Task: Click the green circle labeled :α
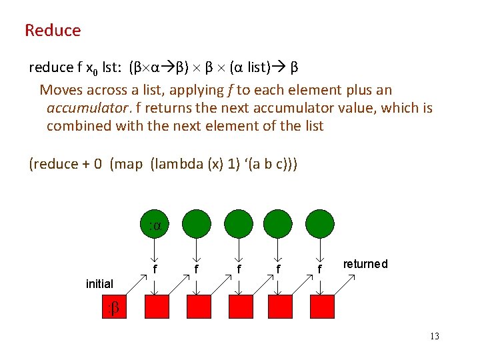pos(155,224)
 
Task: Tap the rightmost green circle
pos(320,224)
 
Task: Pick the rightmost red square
pos(321,307)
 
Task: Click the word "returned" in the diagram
pos(365,264)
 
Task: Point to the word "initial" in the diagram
pos(99,284)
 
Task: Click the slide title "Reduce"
pos(53,31)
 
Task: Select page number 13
pos(434,336)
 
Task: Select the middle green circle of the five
pos(237,224)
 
